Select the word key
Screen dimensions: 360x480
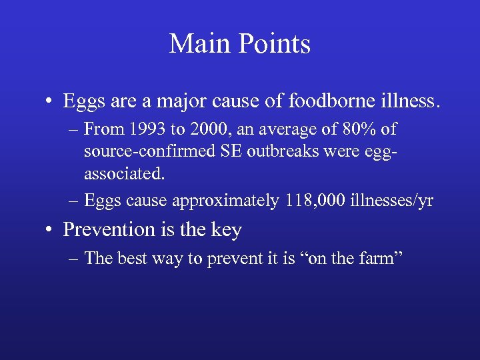coord(227,230)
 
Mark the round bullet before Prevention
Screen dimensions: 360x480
coord(50,231)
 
